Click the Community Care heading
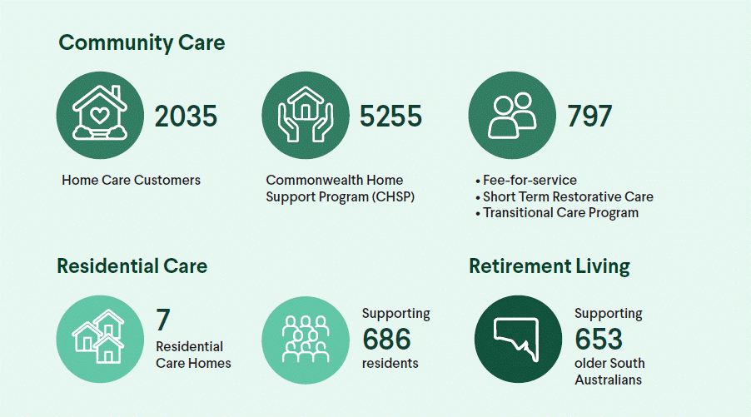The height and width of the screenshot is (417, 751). [142, 42]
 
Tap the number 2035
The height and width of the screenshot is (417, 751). [186, 116]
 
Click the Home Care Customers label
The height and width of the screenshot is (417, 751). [131, 180]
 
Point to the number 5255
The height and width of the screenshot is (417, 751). [390, 116]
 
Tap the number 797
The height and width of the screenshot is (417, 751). [589, 116]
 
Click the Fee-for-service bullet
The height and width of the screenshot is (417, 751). [529, 180]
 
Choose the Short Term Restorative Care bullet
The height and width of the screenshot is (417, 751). [567, 196]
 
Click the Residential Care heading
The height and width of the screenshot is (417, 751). [132, 266]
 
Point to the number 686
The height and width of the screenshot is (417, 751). [386, 339]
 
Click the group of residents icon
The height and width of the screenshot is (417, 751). [306, 339]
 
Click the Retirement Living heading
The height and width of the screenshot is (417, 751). [549, 266]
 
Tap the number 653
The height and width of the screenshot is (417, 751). [599, 339]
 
